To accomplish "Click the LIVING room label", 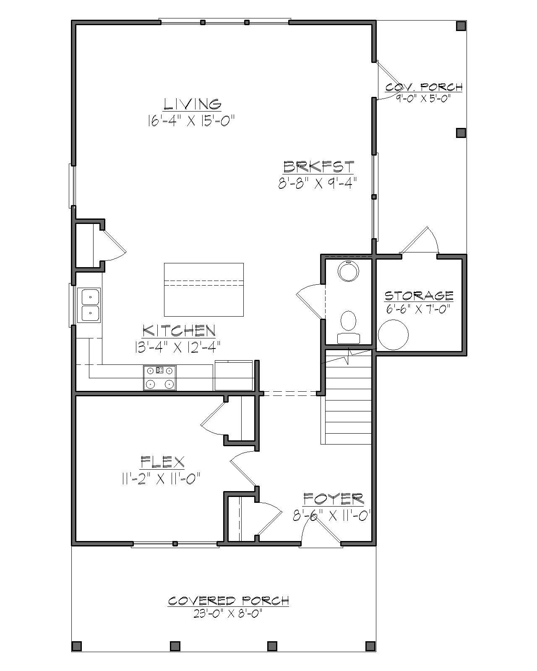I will coord(193,104).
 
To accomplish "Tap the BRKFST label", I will coord(318,167).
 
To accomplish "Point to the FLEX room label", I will coord(162,462).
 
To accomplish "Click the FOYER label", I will coord(333,499).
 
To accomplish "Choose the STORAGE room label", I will coord(419,295).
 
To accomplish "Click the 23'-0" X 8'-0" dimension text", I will coord(228,614).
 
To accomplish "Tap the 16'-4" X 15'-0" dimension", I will coord(190,121).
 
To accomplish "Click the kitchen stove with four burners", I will coord(159,377).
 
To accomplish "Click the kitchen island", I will coord(203,289).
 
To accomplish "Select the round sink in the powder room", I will coord(349,271).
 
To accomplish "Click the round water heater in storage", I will coord(393,334).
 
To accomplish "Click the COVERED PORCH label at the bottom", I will coord(229,601).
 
